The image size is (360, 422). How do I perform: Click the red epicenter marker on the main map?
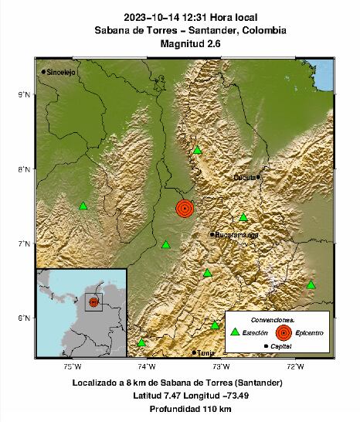(184, 209)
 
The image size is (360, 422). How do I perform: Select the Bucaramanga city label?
(237, 234)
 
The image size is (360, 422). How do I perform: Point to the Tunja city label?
(205, 352)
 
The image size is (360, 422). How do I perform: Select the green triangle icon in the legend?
(235, 332)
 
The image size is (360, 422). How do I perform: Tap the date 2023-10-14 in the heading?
(150, 17)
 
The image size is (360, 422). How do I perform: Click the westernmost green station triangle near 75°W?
(83, 206)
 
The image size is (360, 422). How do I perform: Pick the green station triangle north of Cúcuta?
(198, 151)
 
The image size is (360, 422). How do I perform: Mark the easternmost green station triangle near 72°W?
(311, 285)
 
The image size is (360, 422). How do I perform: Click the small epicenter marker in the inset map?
(93, 302)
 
